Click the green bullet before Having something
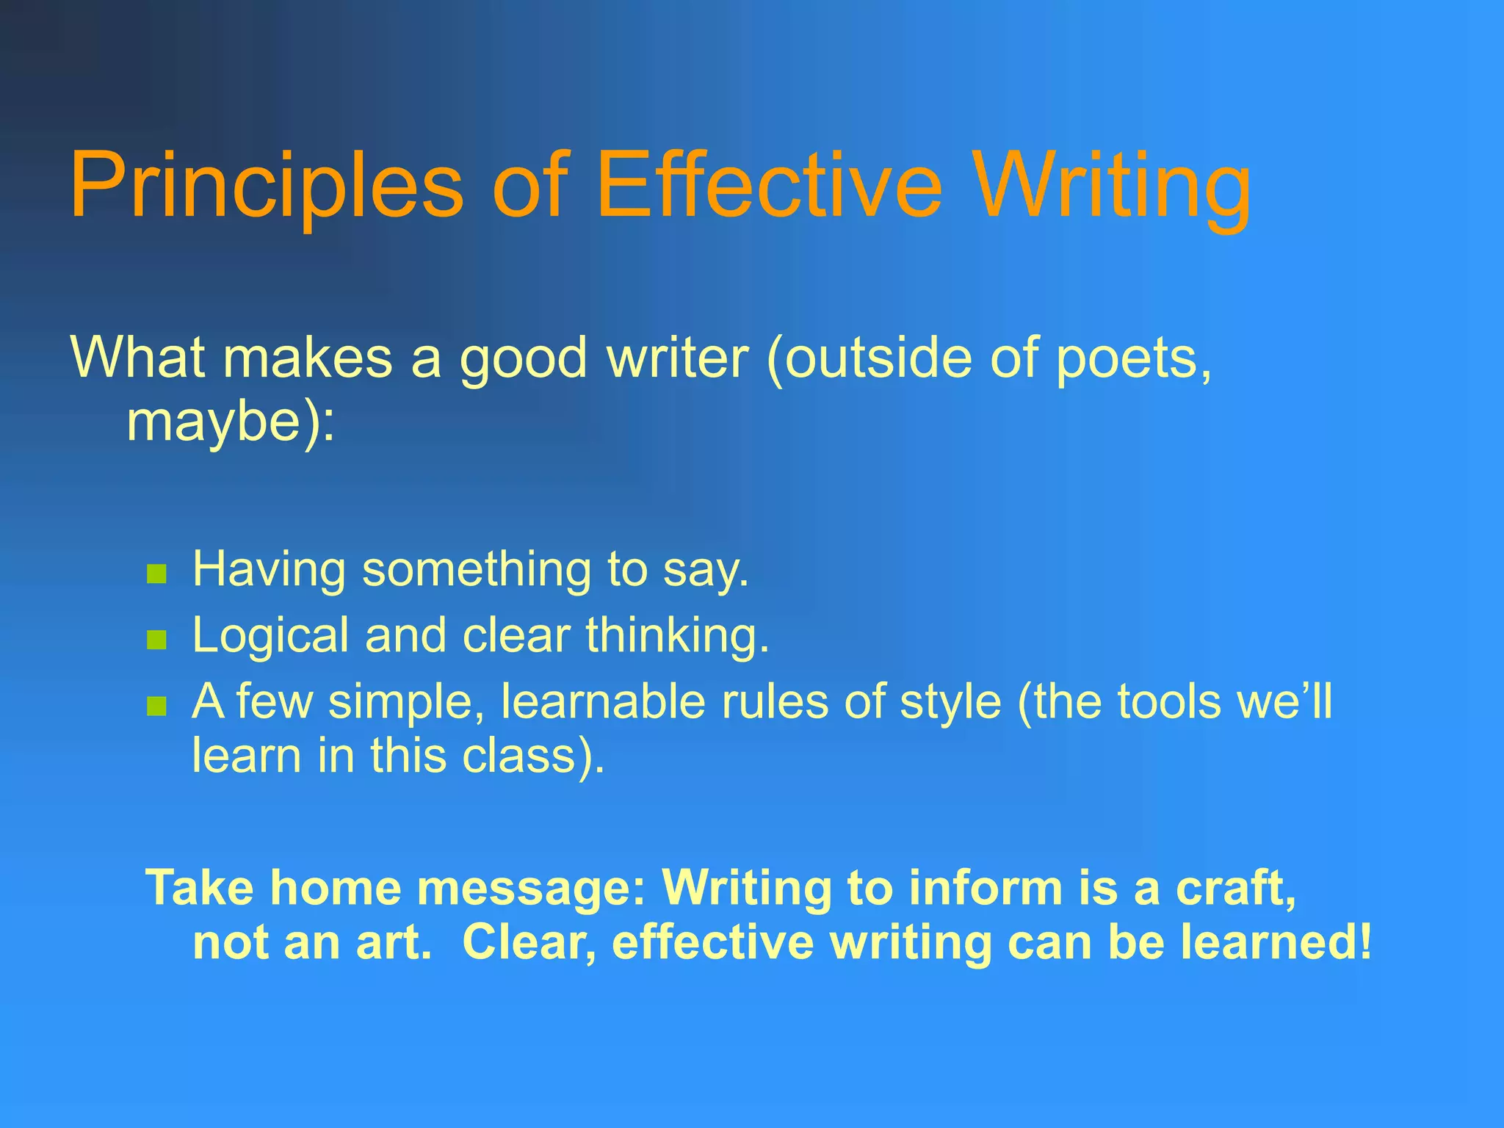coord(156,574)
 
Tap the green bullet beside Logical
coord(156,640)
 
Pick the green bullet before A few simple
coord(156,706)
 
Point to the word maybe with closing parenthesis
coord(230,424)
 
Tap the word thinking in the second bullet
coord(676,635)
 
